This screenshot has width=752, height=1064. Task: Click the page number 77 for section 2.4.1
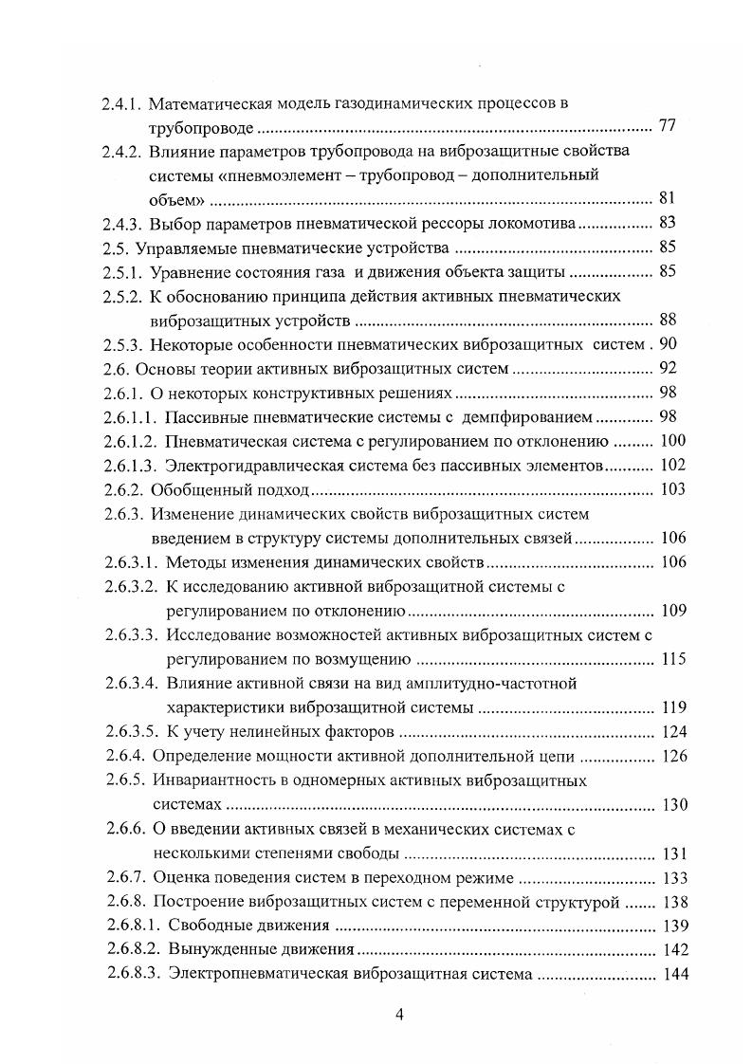(x=666, y=125)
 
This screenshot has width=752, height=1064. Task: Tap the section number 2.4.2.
(x=121, y=151)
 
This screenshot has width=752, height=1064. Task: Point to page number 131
(x=670, y=853)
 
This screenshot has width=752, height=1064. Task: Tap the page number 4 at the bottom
(x=399, y=1016)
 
